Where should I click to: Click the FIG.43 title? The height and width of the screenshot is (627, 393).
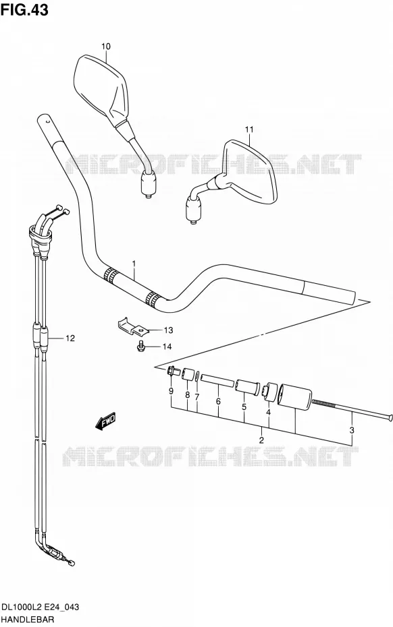[x=24, y=9]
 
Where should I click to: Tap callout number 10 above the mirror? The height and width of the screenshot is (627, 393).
[x=105, y=47]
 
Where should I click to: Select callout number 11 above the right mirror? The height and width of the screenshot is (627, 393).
[x=249, y=129]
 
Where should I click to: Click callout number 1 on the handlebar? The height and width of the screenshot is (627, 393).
[x=134, y=264]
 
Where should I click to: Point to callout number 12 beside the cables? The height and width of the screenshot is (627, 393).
[x=70, y=338]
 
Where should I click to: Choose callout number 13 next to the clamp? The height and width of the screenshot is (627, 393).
[x=168, y=330]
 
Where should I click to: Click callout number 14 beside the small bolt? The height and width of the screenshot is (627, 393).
[x=167, y=347]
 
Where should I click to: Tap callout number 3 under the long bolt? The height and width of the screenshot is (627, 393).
[x=352, y=430]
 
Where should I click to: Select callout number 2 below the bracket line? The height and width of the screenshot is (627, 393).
[x=261, y=440]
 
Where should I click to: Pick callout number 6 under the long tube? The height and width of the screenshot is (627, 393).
[x=218, y=401]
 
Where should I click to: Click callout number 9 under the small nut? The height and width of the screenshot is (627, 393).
[x=171, y=391]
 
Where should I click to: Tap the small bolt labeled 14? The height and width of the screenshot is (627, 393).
[x=140, y=346]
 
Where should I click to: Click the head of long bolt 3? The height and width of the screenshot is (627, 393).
[x=390, y=418]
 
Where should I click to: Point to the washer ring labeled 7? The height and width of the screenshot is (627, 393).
[x=198, y=376]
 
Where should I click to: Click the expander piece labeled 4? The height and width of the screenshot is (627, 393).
[x=269, y=391]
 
